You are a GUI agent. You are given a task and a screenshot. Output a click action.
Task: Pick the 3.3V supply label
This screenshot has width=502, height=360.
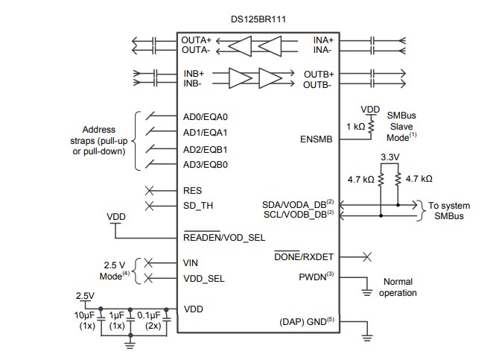click(390, 158)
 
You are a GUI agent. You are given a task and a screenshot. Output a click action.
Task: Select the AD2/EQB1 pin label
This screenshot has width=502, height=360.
click(205, 148)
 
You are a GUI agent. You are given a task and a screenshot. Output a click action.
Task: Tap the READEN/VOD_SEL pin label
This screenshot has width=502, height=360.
click(224, 237)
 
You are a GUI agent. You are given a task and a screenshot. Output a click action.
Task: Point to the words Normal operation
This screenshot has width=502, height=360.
click(398, 287)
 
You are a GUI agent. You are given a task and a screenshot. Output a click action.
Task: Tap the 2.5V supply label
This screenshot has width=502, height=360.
click(86, 296)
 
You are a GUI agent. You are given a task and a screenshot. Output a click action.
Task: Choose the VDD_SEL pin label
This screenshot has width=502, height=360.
click(204, 279)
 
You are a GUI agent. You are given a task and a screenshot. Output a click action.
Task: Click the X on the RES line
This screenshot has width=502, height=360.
click(149, 191)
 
